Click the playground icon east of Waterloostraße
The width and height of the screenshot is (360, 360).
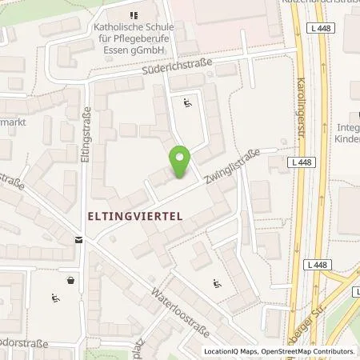[217, 282]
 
